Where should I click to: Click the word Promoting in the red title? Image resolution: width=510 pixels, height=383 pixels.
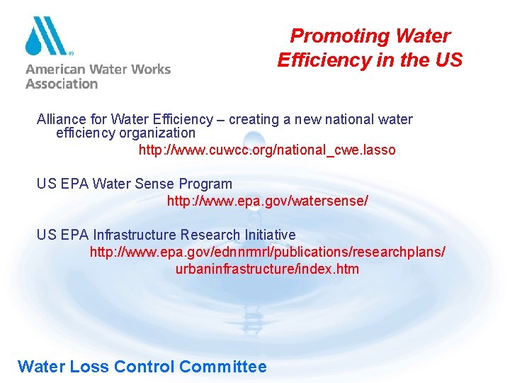click(331, 36)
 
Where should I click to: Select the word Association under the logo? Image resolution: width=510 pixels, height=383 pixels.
click(62, 84)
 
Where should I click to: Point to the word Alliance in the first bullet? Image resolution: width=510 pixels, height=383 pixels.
click(61, 119)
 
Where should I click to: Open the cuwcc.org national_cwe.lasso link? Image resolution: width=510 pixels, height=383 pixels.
click(267, 150)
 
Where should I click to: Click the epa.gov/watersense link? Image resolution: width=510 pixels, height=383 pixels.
click(267, 201)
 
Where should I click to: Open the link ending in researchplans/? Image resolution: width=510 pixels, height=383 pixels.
click(267, 252)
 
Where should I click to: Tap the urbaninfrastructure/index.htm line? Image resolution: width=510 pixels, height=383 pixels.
click(267, 269)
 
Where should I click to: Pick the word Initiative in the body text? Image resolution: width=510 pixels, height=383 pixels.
click(268, 235)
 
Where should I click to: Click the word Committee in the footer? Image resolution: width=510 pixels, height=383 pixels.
click(223, 367)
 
